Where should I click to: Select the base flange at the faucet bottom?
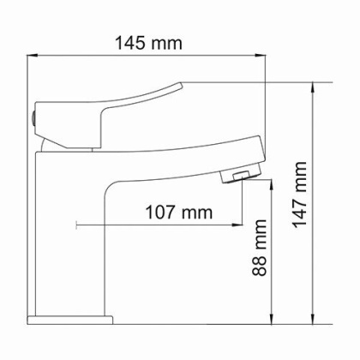coord(71,321)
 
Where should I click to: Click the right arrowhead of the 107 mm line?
coord(236,225)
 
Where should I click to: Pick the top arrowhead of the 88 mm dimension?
coord(272,182)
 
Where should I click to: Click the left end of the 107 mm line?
coord(78,225)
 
